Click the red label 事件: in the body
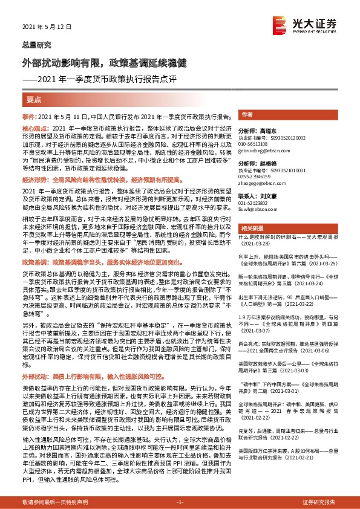[x=29, y=115]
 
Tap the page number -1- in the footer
[x=179, y=502]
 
